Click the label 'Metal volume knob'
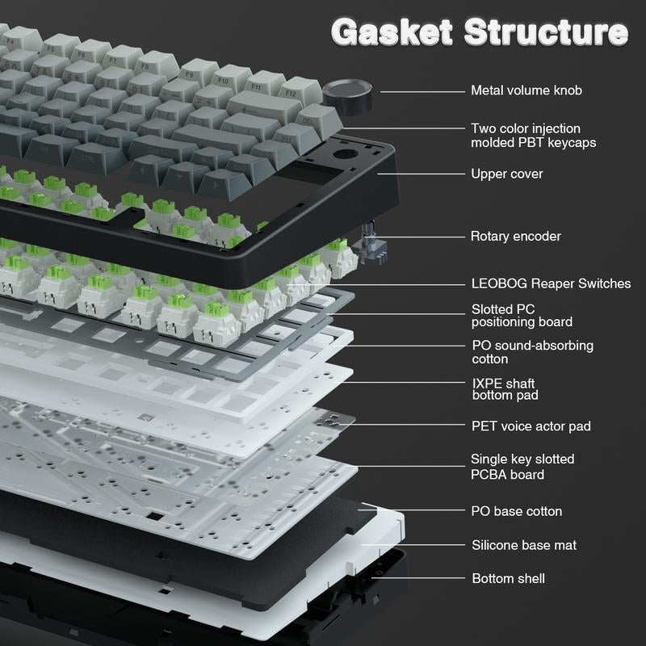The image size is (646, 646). (526, 90)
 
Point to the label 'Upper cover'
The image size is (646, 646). (507, 174)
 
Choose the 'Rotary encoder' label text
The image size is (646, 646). (515, 236)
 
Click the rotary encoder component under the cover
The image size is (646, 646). (374, 243)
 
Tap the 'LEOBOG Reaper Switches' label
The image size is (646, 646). (551, 283)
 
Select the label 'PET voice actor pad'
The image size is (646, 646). (531, 426)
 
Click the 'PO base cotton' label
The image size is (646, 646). (516, 511)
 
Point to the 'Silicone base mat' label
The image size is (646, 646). (524, 545)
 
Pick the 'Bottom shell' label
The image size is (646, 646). (509, 578)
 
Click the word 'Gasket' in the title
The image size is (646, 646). (392, 31)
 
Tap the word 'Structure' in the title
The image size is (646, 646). (546, 31)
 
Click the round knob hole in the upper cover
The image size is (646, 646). (346, 155)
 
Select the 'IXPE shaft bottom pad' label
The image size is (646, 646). (505, 389)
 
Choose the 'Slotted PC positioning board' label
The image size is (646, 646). (522, 316)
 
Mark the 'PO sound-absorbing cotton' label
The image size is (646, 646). (532, 352)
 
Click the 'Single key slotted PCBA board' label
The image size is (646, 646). (522, 467)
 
